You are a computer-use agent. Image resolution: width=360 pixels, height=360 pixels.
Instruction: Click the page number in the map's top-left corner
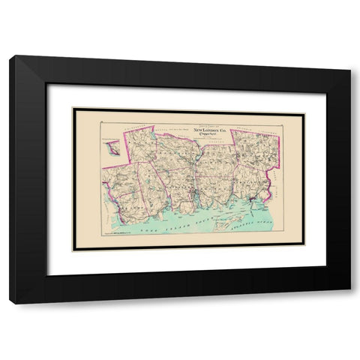point(77,112)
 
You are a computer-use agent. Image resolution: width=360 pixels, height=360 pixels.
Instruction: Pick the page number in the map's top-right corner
point(298,112)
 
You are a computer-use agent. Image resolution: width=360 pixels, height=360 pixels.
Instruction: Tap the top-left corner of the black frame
point(10,57)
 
